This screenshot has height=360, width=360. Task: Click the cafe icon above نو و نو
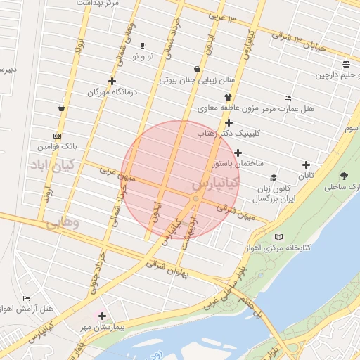[143, 46]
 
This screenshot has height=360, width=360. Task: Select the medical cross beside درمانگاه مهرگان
[112, 82]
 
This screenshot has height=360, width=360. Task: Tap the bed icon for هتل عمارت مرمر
[287, 98]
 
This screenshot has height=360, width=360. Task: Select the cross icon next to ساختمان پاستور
[238, 153]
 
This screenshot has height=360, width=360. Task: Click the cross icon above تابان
[306, 165]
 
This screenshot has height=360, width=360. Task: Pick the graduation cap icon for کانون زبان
[273, 178]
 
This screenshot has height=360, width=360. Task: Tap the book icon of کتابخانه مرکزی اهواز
[280, 237]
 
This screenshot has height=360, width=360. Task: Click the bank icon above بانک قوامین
[57, 136]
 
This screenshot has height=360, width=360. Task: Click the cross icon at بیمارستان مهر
[103, 316]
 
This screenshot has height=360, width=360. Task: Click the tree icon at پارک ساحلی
[344, 176]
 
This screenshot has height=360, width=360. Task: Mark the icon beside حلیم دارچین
[346, 65]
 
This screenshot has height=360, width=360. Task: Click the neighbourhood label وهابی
[62, 224]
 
